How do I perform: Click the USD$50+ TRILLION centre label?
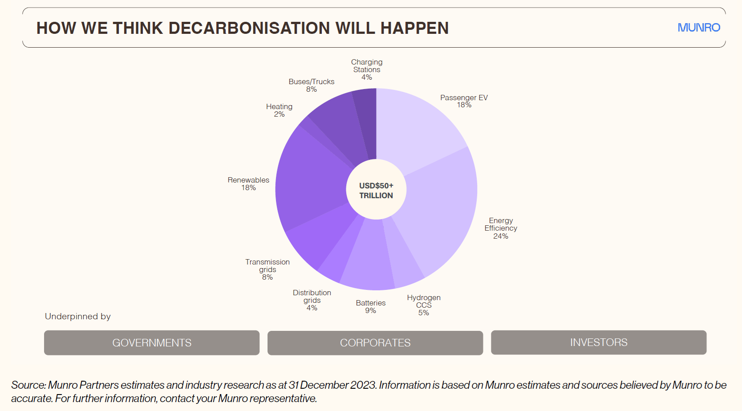(x=376, y=190)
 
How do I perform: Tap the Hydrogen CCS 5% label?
(x=424, y=305)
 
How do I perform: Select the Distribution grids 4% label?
(x=312, y=300)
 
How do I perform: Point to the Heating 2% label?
(x=279, y=110)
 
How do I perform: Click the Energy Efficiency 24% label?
(x=501, y=228)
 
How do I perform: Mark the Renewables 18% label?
(x=248, y=183)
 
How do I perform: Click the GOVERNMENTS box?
(x=152, y=342)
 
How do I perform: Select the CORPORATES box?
(x=375, y=343)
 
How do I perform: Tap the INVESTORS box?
(x=599, y=342)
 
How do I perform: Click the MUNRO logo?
(x=698, y=28)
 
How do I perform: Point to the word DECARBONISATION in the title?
(x=249, y=28)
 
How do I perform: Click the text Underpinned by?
(x=78, y=316)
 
